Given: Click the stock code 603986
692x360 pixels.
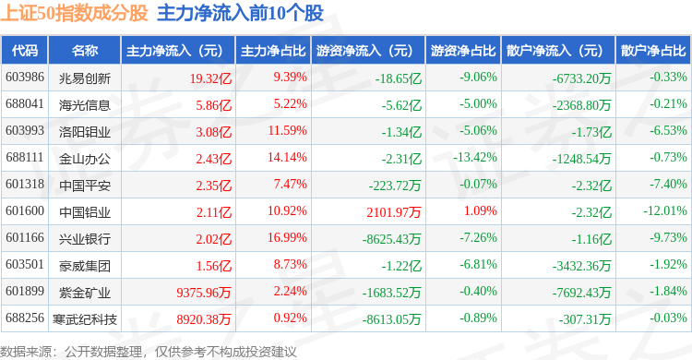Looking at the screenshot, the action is tap(25, 78).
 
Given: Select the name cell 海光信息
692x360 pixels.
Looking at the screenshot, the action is tap(84, 105).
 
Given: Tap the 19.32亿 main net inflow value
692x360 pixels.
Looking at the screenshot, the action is tap(210, 78).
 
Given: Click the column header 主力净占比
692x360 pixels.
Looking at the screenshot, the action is tap(273, 51).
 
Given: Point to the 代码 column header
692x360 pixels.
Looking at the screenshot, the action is tap(25, 51).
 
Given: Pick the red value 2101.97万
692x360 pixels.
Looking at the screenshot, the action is tap(394, 212).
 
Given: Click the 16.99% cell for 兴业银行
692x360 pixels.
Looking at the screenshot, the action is tap(287, 237).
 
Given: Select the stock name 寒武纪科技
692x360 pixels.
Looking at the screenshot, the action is tap(84, 318).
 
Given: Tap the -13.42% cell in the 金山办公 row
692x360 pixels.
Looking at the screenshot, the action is tap(475, 157).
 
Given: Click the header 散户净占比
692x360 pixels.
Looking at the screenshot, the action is tap(653, 51).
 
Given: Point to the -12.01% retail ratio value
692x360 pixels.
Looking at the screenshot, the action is tap(665, 210).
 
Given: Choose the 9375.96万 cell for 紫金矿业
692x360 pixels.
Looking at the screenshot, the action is tap(204, 293).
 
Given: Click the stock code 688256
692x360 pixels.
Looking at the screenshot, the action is tap(25, 318).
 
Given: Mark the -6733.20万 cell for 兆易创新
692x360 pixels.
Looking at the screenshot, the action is tap(581, 78).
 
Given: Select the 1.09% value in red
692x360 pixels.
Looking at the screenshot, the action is tap(480, 210).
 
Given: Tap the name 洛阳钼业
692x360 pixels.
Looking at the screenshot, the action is tap(84, 132).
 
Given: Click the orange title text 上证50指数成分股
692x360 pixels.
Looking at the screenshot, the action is tap(74, 13).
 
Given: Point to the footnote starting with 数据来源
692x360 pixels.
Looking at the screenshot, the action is tap(149, 352).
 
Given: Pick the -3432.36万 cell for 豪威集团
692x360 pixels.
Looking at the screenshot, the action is tap(581, 266).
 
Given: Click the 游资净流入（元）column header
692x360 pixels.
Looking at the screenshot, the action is tap(364, 51).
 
